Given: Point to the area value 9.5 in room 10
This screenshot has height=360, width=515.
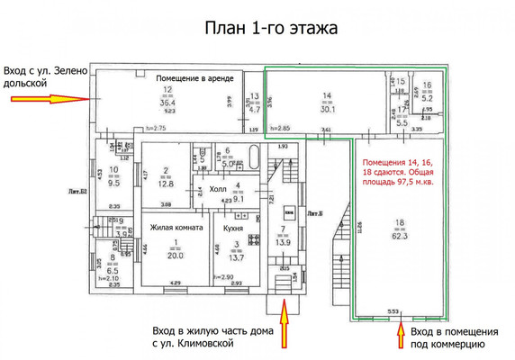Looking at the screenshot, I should tap(113, 182).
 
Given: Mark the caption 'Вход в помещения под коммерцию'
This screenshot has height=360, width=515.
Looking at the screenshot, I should tap(447, 337).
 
